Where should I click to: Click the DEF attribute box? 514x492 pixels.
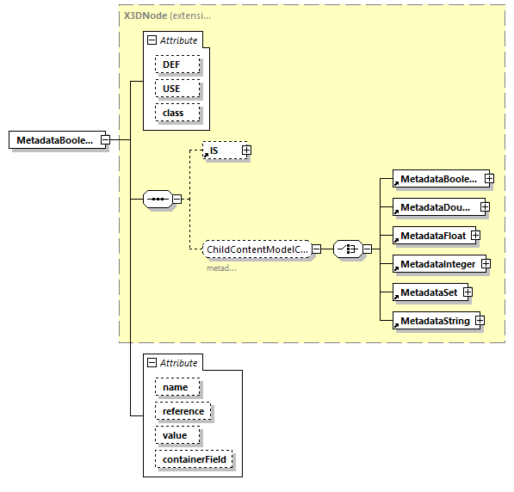point(176,65)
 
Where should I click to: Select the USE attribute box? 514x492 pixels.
point(176,89)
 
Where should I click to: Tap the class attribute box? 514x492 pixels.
point(176,113)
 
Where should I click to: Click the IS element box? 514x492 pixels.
point(222,151)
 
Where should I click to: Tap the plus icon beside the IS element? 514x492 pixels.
point(246,151)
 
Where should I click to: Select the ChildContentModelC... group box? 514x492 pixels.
point(257,249)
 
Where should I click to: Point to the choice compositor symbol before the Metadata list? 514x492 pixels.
point(347,249)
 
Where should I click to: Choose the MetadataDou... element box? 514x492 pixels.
point(436,207)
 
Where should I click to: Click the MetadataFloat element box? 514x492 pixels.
point(430,235)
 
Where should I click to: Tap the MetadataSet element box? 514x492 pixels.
point(427,292)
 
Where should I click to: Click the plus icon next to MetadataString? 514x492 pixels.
point(480,321)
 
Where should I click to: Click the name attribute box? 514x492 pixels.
point(176,388)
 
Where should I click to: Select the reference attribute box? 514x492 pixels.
point(183,412)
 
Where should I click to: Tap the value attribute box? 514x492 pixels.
point(176,436)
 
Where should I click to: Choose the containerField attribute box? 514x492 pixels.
point(194,460)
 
